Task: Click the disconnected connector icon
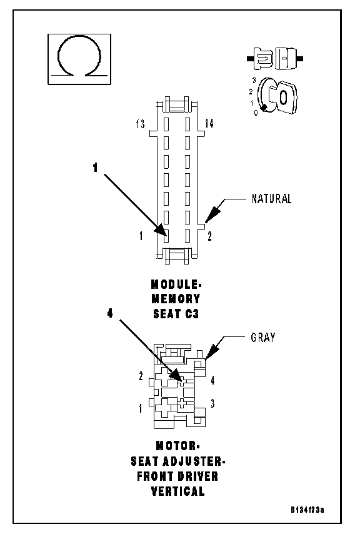click(275, 59)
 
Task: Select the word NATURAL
click(271, 199)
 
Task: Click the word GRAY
click(263, 337)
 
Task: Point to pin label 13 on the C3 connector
click(140, 124)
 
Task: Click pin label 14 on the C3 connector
click(209, 124)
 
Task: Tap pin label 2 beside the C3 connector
click(209, 236)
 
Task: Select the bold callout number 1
click(95, 168)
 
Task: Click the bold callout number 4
click(110, 313)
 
